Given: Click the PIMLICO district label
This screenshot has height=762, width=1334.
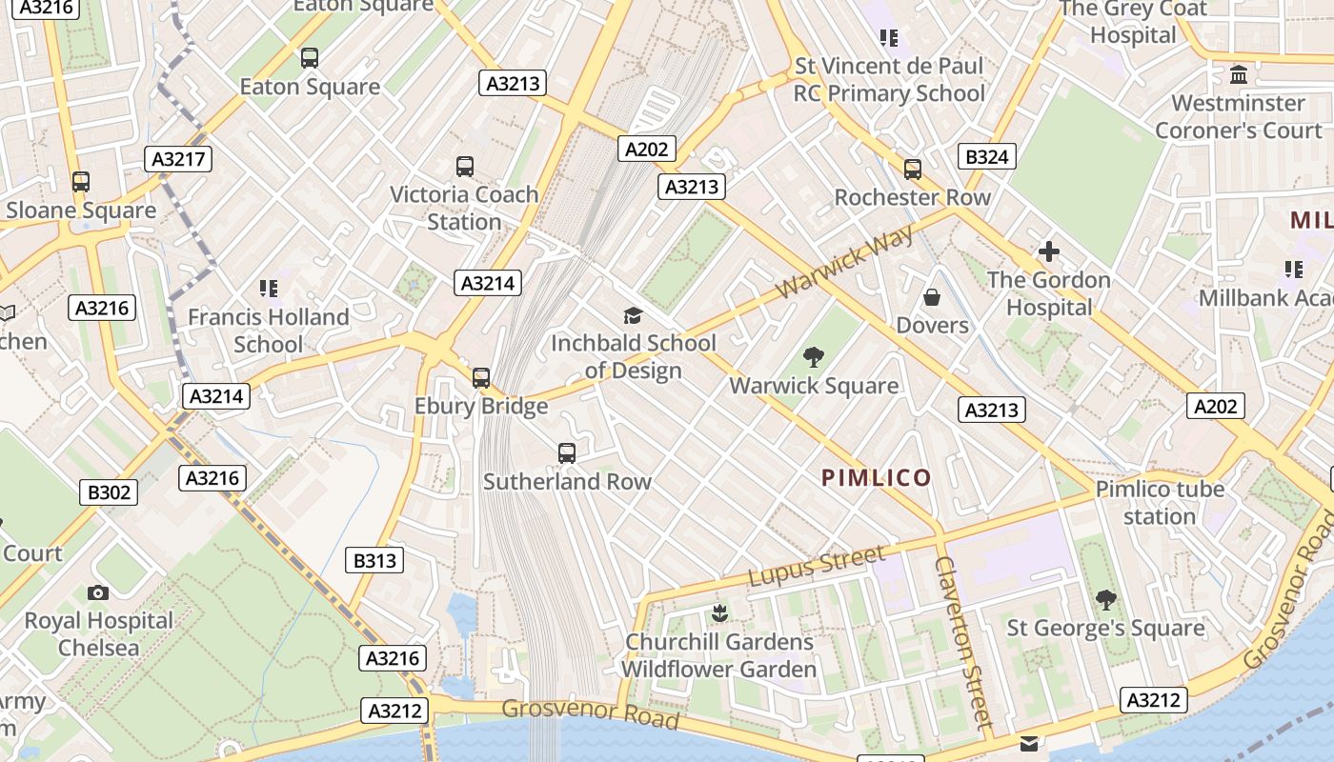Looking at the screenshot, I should click(876, 477).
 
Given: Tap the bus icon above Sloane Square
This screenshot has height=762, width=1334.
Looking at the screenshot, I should click(81, 181).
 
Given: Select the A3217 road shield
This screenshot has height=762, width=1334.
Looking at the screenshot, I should click(179, 159).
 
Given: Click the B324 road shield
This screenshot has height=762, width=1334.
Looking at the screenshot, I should click(986, 156).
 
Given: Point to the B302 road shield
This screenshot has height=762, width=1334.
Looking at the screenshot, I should click(109, 492).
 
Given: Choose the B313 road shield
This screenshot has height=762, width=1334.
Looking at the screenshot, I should click(374, 560).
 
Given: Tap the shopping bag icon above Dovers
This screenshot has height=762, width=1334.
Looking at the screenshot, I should click(932, 297).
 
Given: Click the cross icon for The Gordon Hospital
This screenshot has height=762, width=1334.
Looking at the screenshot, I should click(1049, 251).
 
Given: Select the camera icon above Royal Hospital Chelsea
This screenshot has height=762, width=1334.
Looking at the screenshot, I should click(97, 592).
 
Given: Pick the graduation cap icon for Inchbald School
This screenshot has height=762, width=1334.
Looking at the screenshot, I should click(633, 315).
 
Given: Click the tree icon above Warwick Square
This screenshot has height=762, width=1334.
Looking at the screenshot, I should click(814, 357).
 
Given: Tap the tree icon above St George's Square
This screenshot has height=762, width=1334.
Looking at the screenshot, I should click(1105, 599).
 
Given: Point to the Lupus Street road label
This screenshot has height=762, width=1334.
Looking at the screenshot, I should click(817, 566).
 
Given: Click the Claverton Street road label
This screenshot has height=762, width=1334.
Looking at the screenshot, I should click(964, 642).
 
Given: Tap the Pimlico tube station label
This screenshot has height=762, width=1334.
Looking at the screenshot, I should click(1159, 503).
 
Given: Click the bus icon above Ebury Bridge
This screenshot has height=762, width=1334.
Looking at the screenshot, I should click(481, 377).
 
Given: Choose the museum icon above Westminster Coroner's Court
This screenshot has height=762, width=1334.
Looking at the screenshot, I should click(1239, 74).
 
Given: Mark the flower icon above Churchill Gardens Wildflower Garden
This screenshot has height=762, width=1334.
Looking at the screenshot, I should click(719, 612).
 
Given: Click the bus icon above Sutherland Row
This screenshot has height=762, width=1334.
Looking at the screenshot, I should click(567, 452).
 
